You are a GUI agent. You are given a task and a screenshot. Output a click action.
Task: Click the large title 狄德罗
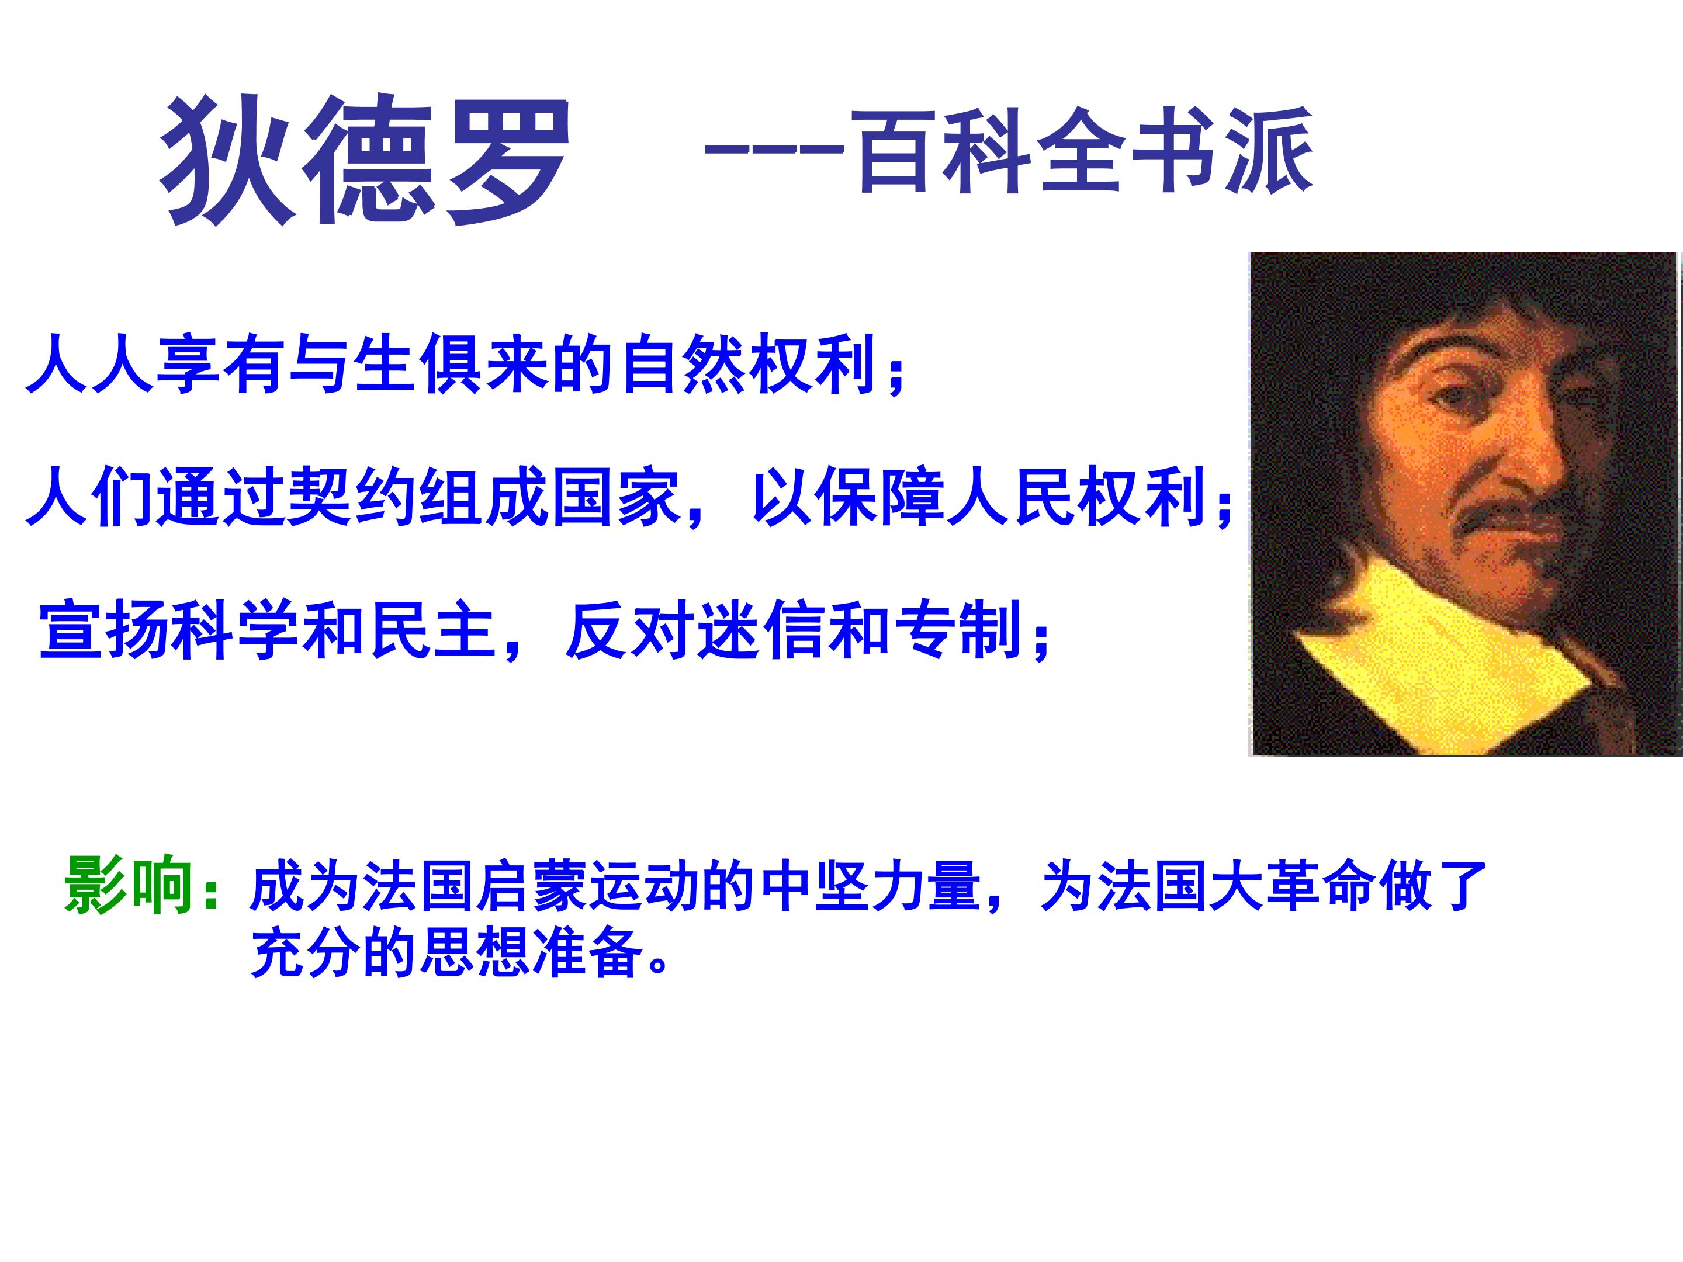pyautogui.click(x=365, y=160)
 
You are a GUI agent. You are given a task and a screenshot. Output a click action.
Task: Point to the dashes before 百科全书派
pyautogui.click(x=773, y=149)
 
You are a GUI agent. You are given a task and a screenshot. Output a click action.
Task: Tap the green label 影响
pyautogui.click(x=128, y=886)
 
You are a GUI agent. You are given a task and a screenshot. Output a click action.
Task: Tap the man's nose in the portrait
pyautogui.click(x=1529, y=456)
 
